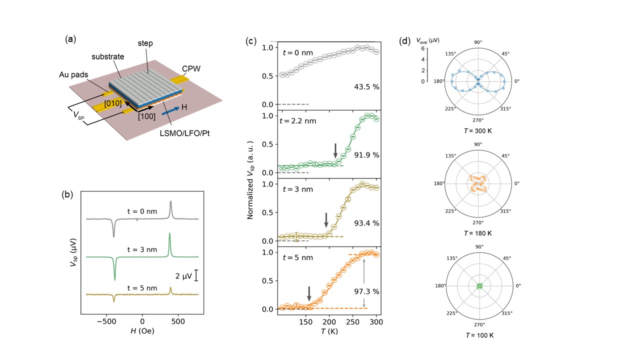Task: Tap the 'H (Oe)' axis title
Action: (x=143, y=331)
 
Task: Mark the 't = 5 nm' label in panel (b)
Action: (x=142, y=280)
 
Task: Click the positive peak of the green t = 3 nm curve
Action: (x=169, y=234)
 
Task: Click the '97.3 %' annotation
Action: (x=364, y=291)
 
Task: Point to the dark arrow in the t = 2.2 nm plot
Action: (x=335, y=150)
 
